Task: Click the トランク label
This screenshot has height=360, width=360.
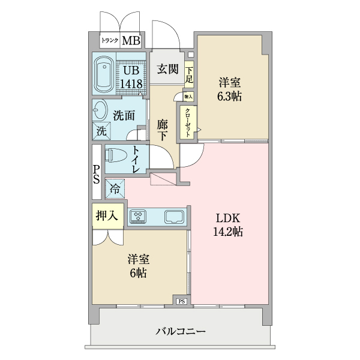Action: pyautogui.click(x=110, y=41)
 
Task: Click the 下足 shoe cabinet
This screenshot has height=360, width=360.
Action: pyautogui.click(x=189, y=74)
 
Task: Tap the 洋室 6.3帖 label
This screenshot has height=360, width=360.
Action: pyautogui.click(x=230, y=89)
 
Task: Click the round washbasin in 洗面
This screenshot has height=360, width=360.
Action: pyautogui.click(x=100, y=109)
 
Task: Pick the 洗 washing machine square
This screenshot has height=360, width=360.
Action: pyautogui.click(x=100, y=130)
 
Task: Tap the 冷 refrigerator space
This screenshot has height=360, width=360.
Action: pyautogui.click(x=114, y=188)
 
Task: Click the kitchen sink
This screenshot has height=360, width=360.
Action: pyautogui.click(x=173, y=215)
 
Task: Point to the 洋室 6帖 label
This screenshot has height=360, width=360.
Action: pyautogui.click(x=138, y=266)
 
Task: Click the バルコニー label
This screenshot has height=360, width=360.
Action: pyautogui.click(x=181, y=331)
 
